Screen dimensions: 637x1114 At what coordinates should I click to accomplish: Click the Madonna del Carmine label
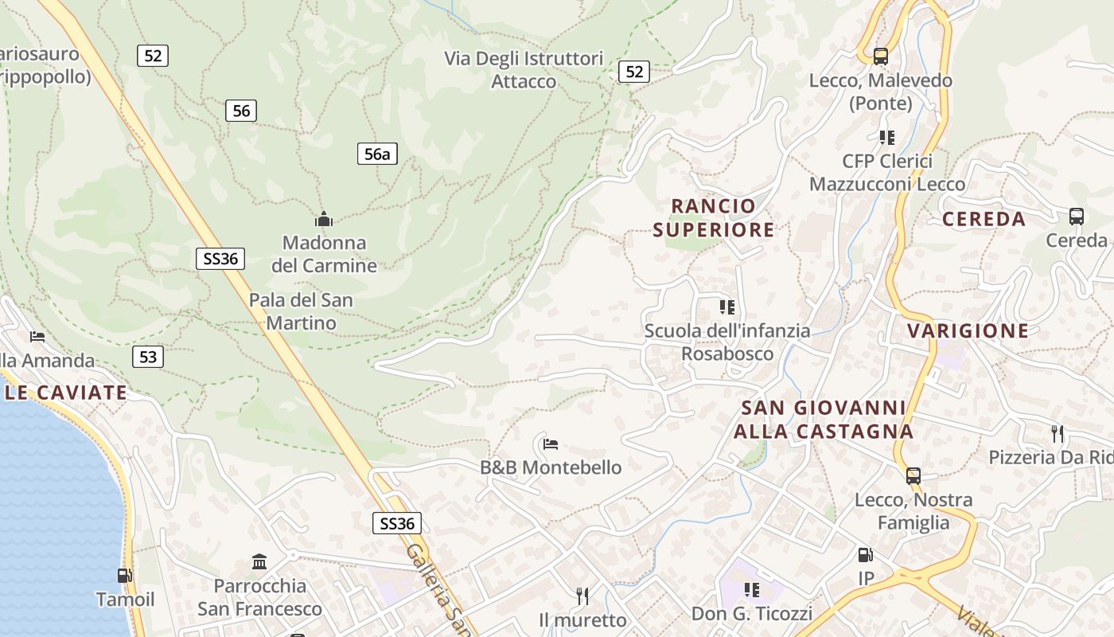coord(324,253)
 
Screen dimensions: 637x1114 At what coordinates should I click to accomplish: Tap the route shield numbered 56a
coord(376,154)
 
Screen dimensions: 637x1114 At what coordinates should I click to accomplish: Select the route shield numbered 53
coord(148,357)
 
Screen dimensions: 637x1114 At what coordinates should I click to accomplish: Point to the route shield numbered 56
coord(241,111)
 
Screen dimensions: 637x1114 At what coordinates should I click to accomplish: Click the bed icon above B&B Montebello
coord(551,444)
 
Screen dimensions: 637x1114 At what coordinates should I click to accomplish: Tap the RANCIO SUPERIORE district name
coord(713,218)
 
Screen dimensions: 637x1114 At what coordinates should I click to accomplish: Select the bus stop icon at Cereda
coord(1076,216)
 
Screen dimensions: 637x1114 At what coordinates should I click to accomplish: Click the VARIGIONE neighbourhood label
coord(968,330)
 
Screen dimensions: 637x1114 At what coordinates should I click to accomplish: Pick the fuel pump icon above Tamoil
coord(125,575)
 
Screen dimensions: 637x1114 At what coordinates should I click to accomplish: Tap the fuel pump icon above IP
coord(865,555)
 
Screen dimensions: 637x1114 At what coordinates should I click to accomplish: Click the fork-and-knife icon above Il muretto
coord(582,596)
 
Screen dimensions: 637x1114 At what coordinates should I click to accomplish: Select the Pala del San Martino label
coord(301,311)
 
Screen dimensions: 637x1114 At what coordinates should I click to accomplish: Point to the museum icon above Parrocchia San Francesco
coord(259,562)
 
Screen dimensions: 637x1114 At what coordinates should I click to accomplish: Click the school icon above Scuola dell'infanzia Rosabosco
coord(727,307)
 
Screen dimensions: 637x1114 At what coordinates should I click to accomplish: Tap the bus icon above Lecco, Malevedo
coord(880,57)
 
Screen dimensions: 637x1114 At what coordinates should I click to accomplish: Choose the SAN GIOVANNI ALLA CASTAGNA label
coord(823,420)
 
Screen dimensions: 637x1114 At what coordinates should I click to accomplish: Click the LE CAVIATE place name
coord(65,393)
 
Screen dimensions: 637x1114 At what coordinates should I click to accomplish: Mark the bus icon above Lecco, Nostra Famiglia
coord(913,476)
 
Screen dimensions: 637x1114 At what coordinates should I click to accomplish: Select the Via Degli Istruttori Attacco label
coord(524,70)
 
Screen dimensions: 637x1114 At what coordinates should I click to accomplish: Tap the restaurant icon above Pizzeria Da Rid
coord(1058,434)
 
